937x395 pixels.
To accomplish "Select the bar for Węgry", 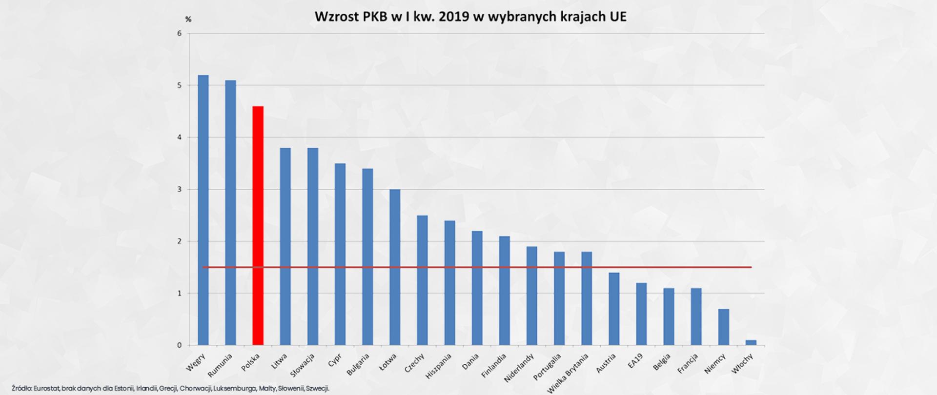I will tap(203, 210).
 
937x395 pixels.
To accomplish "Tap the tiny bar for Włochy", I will tap(751, 343).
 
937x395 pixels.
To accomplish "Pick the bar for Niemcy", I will tap(724, 327).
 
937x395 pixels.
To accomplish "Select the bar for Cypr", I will tap(340, 254).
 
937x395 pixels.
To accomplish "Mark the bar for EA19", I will tap(641, 314).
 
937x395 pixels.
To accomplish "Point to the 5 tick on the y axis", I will tap(180, 85).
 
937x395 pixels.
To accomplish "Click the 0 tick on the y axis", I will tap(180, 345).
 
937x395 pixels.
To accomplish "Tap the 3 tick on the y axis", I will tap(180, 189).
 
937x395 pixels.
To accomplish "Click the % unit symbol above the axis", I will tap(188, 20).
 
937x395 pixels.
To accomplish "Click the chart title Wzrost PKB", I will tap(470, 17).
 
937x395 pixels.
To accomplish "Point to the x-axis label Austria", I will tap(607, 364).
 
